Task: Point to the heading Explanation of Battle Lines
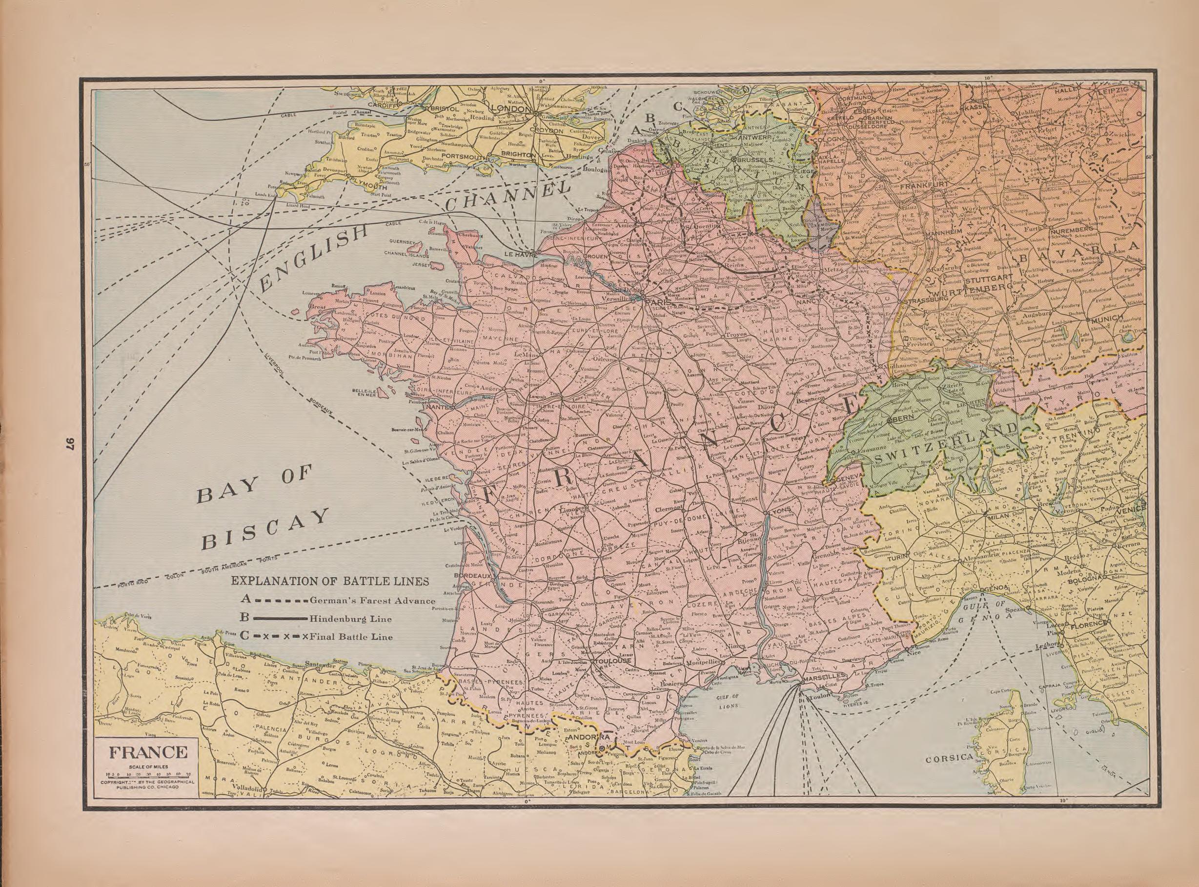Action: point(330,581)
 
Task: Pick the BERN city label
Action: point(902,418)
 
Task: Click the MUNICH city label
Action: point(1107,318)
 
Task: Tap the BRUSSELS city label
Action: point(755,160)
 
